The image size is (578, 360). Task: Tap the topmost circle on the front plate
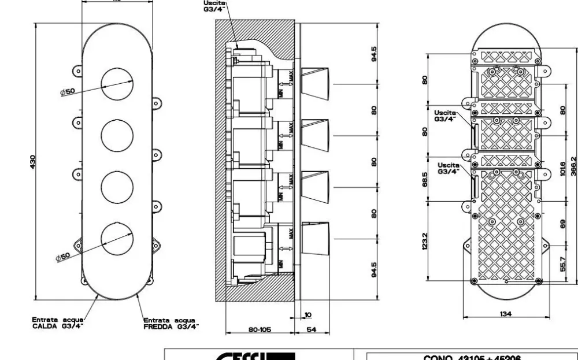pyautogui.click(x=117, y=84)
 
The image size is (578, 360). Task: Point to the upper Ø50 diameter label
pyautogui.click(x=74, y=91)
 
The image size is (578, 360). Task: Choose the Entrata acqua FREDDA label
pyautogui.click(x=171, y=322)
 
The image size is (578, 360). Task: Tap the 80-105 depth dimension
pyautogui.click(x=258, y=330)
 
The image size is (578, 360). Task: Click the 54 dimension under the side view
pyautogui.click(x=312, y=330)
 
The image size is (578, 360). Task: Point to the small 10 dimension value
pyautogui.click(x=308, y=315)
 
